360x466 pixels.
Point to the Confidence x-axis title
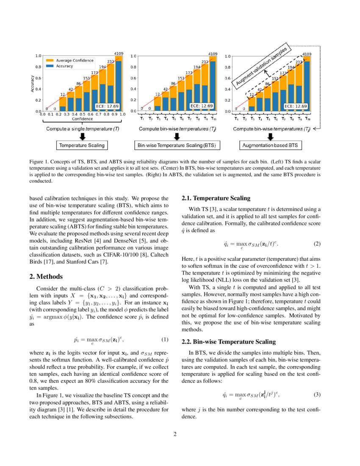tap(82, 119)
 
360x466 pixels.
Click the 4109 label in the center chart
tap(213, 54)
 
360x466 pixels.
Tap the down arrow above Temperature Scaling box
tap(82, 136)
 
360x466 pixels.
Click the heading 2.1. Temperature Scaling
tap(216, 198)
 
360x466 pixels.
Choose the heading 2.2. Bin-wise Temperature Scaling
tap(229, 342)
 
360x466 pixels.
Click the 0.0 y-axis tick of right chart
tap(228, 111)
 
